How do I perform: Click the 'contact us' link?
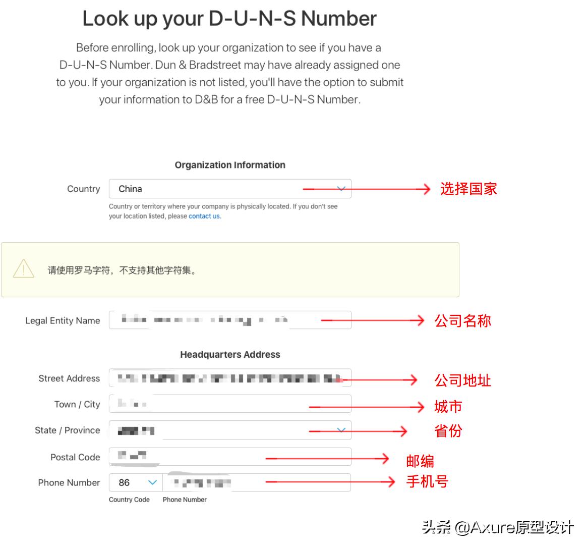[x=204, y=216]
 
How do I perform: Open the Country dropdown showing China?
[x=230, y=189]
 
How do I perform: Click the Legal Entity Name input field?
[x=230, y=320]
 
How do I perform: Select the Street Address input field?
[x=230, y=378]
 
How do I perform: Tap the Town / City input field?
[x=230, y=404]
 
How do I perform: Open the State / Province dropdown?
[x=230, y=430]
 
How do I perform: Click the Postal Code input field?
[x=230, y=457]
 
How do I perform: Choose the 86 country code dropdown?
[x=136, y=482]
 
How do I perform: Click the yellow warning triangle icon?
[x=24, y=269]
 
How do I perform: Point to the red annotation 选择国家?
[x=468, y=189]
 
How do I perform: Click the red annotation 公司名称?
[x=462, y=320]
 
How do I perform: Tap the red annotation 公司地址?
[x=462, y=380]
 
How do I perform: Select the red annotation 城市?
[x=448, y=406]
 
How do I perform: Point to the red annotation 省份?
[x=448, y=431]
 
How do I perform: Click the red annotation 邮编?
[x=420, y=461]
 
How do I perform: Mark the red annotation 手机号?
[x=427, y=481]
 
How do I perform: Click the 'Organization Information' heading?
[x=230, y=165]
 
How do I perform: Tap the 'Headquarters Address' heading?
[x=230, y=355]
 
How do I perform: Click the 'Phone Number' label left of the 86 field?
[x=69, y=482]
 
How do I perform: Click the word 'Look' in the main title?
[x=105, y=19]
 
